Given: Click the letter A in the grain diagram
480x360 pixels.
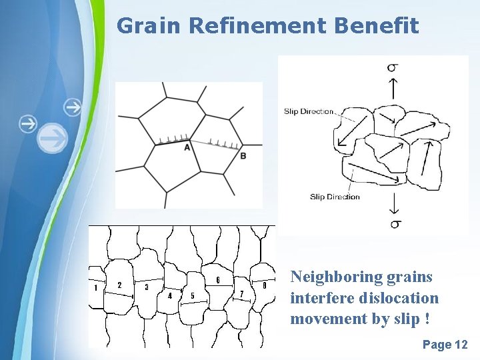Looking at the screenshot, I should point(187,147).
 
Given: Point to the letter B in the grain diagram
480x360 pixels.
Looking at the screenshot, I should point(243,155).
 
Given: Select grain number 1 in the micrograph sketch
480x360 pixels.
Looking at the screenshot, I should point(96,288).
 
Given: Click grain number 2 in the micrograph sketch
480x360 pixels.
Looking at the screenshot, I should point(119,285).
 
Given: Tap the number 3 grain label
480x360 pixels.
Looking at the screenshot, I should point(147,287).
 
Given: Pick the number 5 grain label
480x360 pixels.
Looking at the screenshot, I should point(193,295).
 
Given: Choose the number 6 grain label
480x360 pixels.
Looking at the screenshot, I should point(218,279).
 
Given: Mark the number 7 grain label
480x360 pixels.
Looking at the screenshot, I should point(241,294).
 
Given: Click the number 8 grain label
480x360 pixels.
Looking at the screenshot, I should point(265,285).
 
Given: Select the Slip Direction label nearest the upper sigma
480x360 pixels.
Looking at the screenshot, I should point(308,111).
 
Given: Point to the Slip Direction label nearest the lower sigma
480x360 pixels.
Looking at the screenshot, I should point(335,197).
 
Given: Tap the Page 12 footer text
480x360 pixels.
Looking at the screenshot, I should point(445,345).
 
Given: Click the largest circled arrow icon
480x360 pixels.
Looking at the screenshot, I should point(52,138).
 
